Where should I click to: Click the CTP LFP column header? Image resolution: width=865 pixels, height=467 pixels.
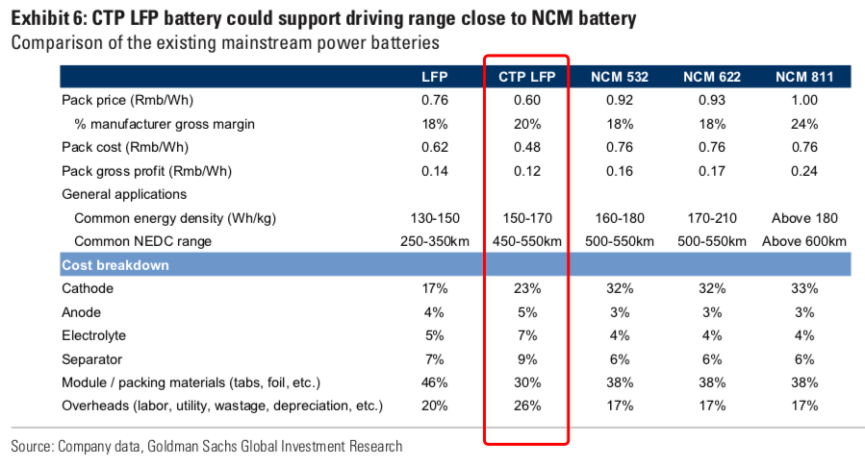pos(525,77)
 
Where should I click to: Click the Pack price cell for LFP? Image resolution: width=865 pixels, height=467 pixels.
pos(436,100)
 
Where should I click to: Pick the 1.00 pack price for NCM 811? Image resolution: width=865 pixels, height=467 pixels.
pos(804,100)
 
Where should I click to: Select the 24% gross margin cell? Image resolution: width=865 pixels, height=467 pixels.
pos(804,124)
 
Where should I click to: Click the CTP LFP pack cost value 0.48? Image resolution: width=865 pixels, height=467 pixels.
pos(525,147)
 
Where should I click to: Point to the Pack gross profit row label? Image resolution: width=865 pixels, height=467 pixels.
pos(133,171)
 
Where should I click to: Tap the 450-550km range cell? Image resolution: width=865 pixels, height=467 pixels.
pos(525,241)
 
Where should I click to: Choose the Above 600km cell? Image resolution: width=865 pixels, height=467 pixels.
pos(804,241)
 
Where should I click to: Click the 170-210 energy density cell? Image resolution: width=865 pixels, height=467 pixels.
pos(712,218)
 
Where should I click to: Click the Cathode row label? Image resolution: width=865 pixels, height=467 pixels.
pos(88,288)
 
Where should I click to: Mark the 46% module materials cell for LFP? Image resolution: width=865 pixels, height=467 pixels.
pos(436,382)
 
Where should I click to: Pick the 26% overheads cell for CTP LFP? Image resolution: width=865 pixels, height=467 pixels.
pos(525,406)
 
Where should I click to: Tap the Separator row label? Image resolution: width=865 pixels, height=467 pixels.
pos(93,358)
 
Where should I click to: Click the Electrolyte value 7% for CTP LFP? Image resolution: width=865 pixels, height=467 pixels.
pos(525,335)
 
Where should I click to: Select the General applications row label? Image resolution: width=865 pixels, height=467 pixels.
pos(122,194)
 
